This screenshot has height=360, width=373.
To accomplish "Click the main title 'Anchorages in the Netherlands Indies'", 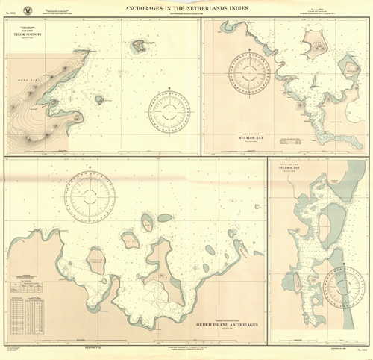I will click(186, 8).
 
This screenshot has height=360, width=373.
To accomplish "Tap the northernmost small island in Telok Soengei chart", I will click(137, 47).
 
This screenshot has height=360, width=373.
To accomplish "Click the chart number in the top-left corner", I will click(10, 15).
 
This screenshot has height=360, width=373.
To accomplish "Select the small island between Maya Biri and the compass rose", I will click(98, 99).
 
